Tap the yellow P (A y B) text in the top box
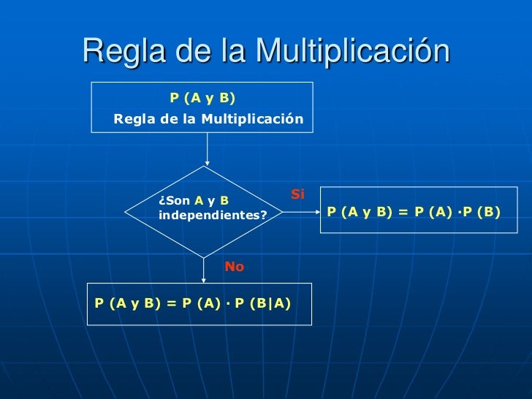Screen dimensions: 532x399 point(202,97)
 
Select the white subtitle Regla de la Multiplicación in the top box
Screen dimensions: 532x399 point(208,118)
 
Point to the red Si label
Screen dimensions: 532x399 point(297,194)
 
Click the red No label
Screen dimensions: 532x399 point(234,267)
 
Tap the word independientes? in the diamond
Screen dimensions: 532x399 point(213,216)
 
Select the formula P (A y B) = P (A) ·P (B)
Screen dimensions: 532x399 point(414,212)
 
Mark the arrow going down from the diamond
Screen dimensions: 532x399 point(205,270)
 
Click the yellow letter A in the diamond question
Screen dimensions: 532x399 point(198,201)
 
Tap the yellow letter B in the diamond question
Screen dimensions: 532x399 point(224,201)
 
